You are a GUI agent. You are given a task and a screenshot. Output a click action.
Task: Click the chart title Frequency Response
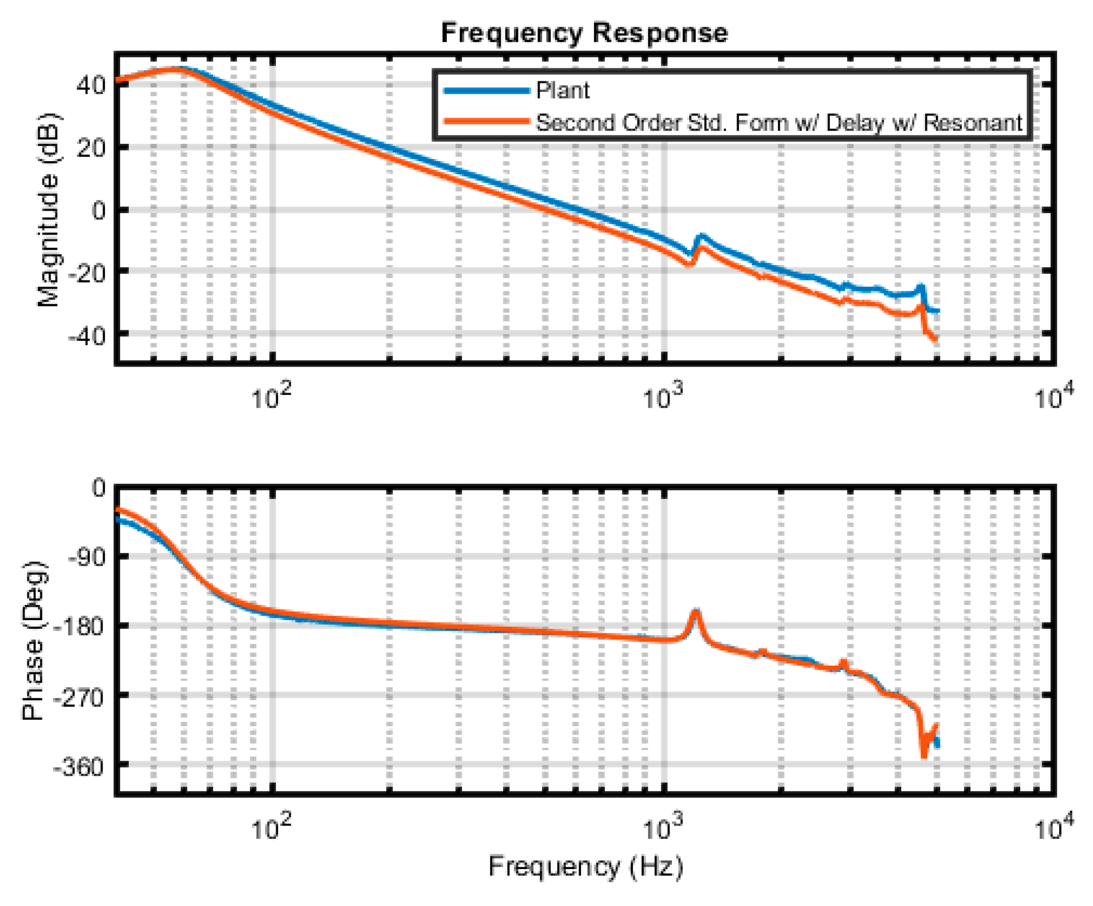click(x=584, y=33)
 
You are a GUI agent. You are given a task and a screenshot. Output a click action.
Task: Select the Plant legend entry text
click(x=562, y=90)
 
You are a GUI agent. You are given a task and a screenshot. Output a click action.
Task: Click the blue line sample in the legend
click(x=487, y=90)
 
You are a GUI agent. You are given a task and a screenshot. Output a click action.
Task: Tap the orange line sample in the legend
click(x=487, y=122)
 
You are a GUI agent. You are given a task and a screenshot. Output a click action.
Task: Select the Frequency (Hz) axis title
click(x=585, y=867)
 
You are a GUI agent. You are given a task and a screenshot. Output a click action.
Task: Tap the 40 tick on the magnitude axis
click(x=91, y=85)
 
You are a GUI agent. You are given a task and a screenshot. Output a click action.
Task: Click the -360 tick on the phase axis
click(x=79, y=767)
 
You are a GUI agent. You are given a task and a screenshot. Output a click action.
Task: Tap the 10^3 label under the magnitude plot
click(x=662, y=397)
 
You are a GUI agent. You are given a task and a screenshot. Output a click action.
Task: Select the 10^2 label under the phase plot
click(x=271, y=828)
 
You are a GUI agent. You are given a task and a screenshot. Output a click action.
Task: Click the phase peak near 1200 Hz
click(x=696, y=611)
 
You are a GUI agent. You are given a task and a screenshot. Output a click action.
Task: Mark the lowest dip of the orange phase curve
click(x=924, y=757)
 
